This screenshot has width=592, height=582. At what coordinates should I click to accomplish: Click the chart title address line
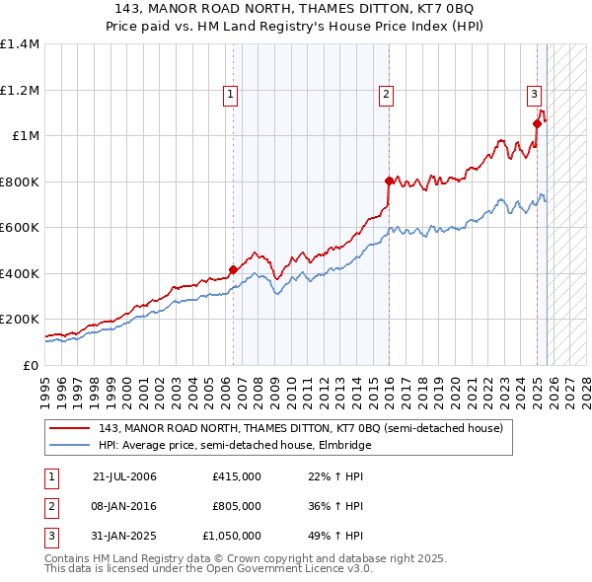pyautogui.click(x=295, y=9)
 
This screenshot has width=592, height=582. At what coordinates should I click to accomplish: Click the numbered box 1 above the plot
pyautogui.click(x=230, y=95)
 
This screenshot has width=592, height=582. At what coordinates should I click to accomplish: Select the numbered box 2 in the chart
pyautogui.click(x=385, y=95)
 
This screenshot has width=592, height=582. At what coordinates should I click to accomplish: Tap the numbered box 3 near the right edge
pyautogui.click(x=533, y=95)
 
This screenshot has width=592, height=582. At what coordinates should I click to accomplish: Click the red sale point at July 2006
pyautogui.click(x=234, y=269)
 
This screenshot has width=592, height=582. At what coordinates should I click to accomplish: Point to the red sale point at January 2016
pyautogui.click(x=389, y=181)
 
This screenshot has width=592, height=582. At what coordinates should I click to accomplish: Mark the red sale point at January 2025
pyautogui.click(x=538, y=123)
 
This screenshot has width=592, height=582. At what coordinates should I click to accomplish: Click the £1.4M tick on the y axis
pyautogui.click(x=20, y=44)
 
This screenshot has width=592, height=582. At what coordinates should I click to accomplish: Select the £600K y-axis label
pyautogui.click(x=20, y=228)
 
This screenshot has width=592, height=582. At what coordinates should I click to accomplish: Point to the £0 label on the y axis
pyautogui.click(x=30, y=365)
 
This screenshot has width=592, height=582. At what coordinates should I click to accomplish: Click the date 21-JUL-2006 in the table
pyautogui.click(x=124, y=477)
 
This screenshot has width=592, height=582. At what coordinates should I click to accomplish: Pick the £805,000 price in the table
pyautogui.click(x=237, y=506)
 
